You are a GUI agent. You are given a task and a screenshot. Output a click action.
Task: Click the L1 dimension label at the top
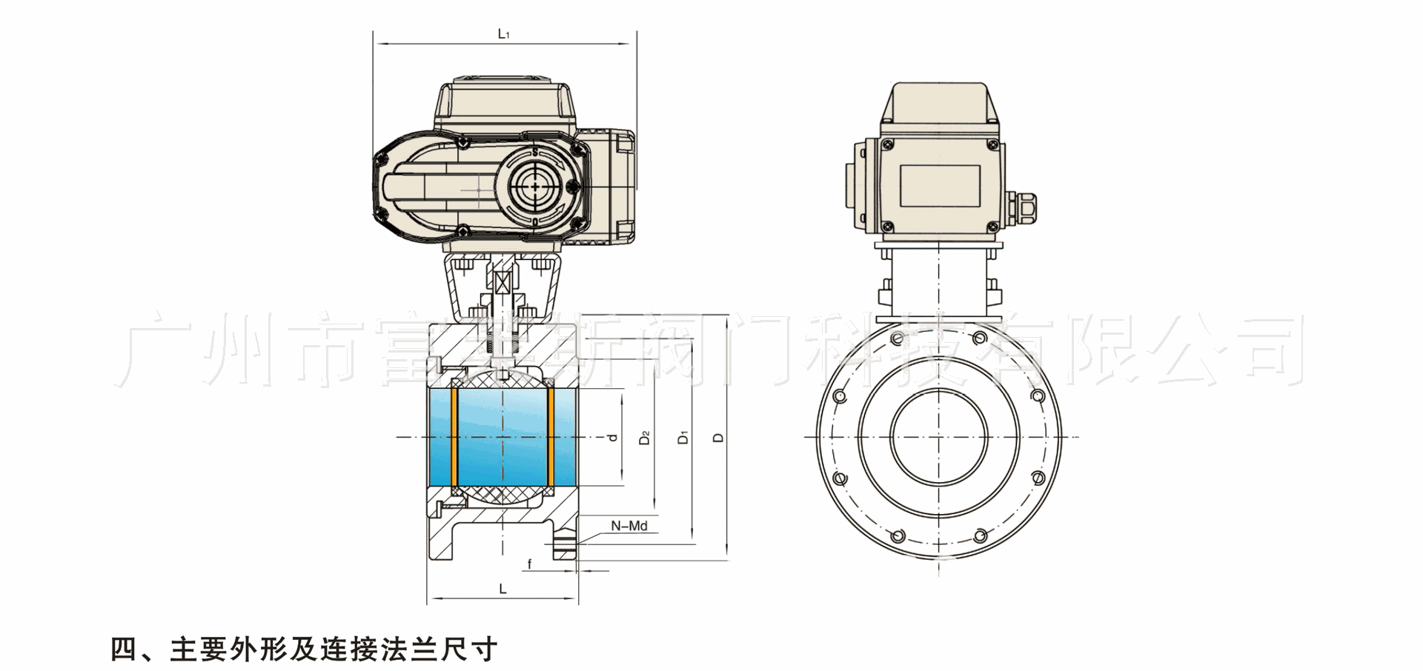504,34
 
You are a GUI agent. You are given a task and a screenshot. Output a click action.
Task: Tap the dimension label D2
645,437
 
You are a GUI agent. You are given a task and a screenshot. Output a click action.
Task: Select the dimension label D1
683,437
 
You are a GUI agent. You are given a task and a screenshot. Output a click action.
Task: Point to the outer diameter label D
718,437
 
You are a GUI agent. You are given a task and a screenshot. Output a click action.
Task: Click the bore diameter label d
613,437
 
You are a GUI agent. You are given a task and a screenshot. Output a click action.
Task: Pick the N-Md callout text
628,526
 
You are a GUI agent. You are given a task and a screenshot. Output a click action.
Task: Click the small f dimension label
529,564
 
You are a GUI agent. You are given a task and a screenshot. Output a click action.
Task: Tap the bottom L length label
502,590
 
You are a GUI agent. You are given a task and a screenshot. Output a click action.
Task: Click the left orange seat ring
454,437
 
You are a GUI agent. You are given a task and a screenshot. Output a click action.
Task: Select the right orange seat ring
551,437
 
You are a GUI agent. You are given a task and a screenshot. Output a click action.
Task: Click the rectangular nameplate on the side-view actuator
940,186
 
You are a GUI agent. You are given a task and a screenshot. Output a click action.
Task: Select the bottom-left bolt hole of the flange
899,535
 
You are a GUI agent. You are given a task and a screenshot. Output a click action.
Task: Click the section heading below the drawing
304,650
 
